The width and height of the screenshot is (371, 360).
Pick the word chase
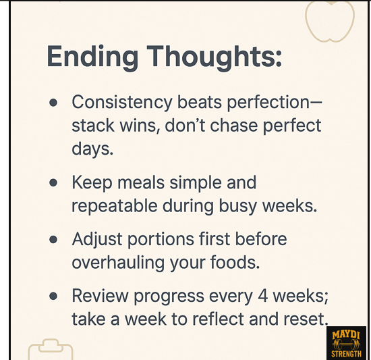(233, 126)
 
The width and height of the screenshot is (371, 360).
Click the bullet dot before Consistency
(53, 103)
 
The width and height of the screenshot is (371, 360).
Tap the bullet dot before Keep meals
(53, 183)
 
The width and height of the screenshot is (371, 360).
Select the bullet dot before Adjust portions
(53, 240)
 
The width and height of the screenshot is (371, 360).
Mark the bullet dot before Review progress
(53, 296)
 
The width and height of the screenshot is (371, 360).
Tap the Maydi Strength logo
(346, 342)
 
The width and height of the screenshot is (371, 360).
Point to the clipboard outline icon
(50, 351)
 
